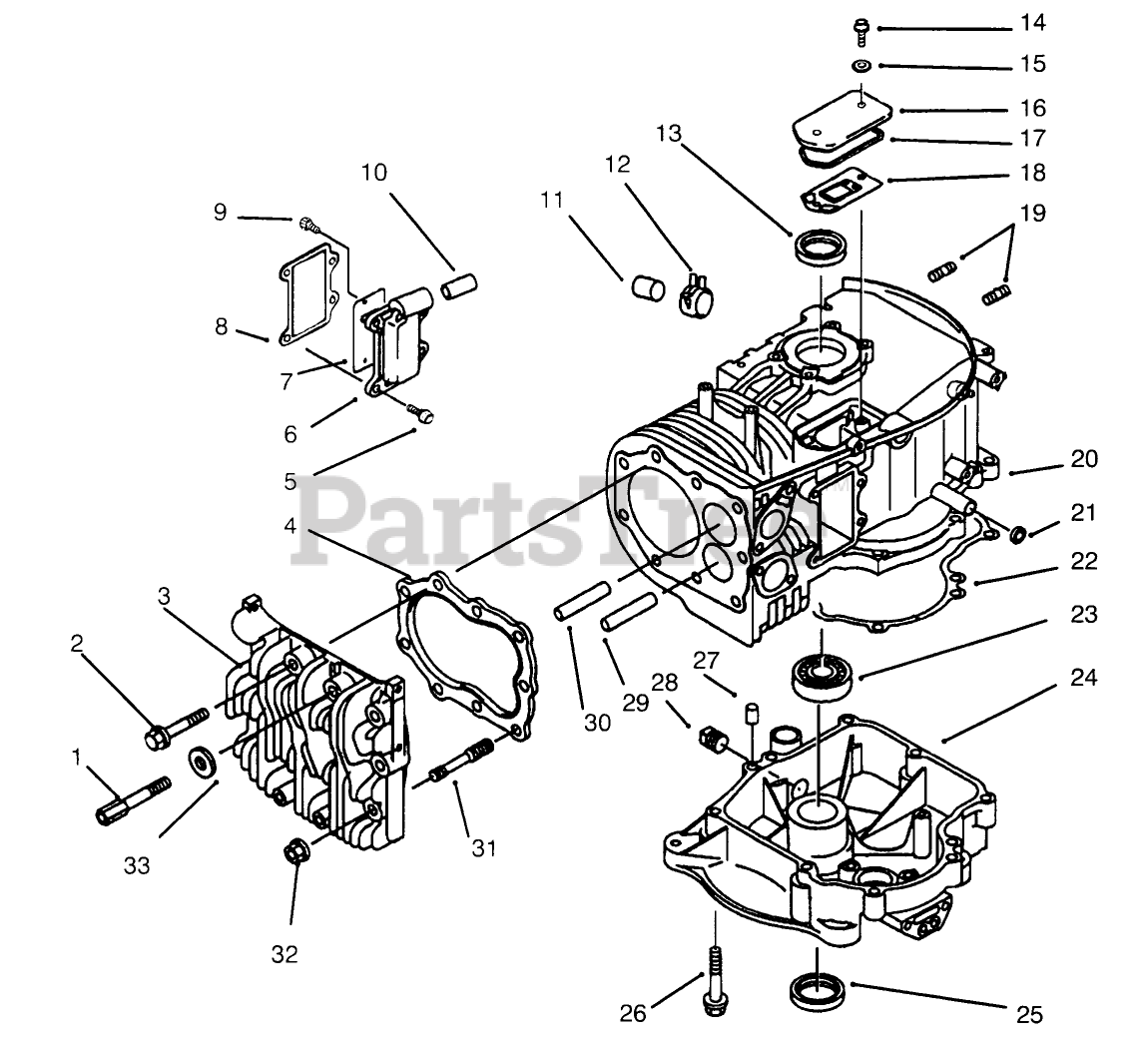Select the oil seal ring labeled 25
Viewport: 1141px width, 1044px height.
click(818, 990)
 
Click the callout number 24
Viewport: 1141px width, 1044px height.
click(1084, 679)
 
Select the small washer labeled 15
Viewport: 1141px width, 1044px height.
click(859, 65)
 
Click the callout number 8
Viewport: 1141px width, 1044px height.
click(221, 326)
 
